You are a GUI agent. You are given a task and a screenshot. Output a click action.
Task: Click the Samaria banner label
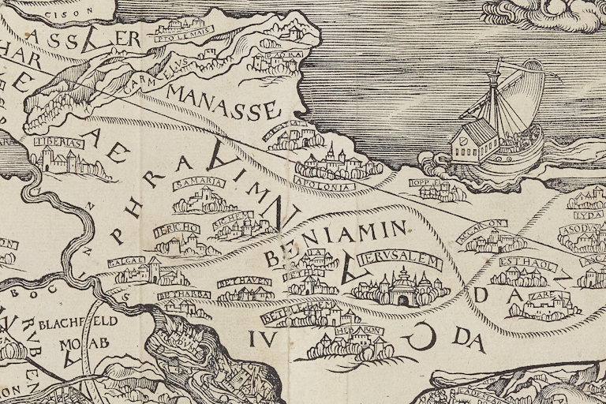(198, 183)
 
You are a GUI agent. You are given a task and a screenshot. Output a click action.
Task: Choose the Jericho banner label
(179, 229)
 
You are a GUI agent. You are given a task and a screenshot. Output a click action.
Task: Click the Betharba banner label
(182, 295)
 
